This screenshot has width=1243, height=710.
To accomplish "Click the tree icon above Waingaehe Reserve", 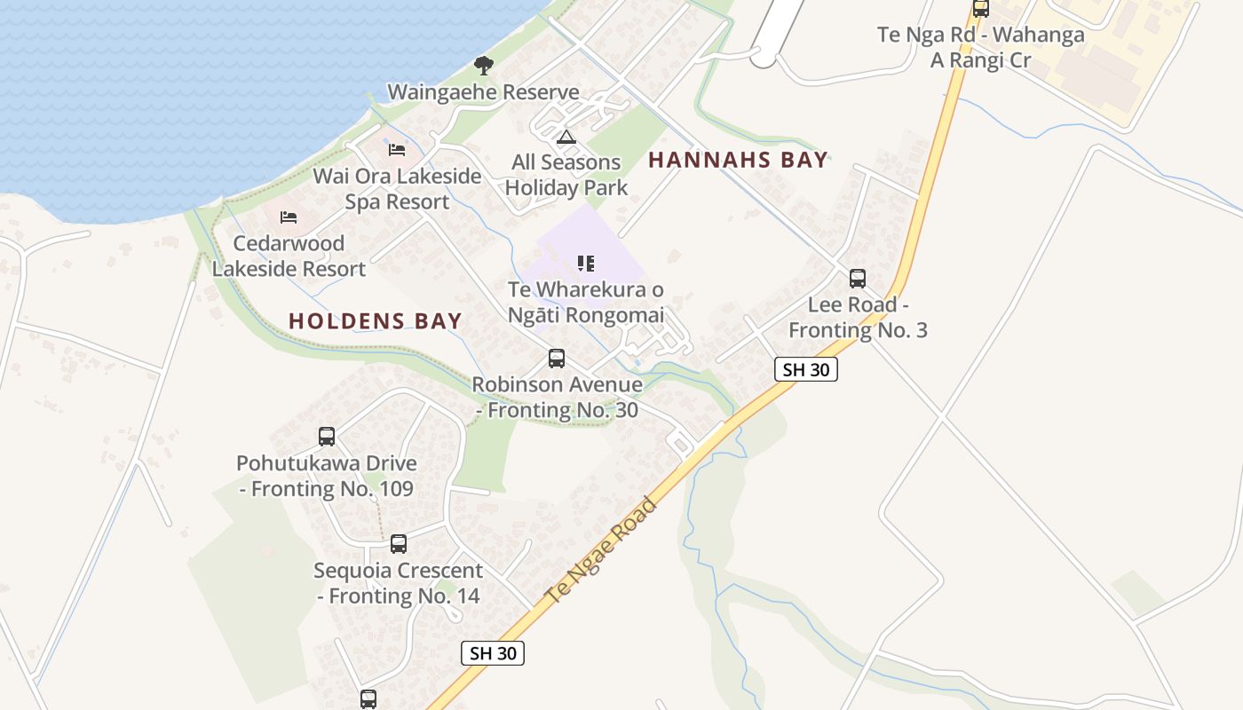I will pos(483,65).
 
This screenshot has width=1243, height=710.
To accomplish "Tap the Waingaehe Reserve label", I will pos(483,92).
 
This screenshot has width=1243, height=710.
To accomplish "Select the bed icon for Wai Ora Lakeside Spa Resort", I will pos(397,149).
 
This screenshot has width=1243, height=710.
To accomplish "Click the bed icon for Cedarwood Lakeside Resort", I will pos(288,217).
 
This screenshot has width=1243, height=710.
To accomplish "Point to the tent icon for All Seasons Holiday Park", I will pos(566,137).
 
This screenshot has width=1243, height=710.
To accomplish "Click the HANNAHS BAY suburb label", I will pos(738,161).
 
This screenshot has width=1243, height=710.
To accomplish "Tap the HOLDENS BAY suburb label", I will pos(375,321).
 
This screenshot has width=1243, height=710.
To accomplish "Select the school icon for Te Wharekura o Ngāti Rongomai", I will pos(585,263).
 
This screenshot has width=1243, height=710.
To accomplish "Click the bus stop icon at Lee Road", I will pos(857,279).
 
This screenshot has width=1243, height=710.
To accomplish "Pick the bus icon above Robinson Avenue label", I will pos(557,359).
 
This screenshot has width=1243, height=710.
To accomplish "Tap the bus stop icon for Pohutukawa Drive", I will pos(327,437).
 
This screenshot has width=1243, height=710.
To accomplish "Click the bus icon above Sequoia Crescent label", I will pos(399,543).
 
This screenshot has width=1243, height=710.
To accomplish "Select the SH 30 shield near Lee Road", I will pos(806,369).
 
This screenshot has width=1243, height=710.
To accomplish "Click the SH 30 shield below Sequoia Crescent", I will pos(493,653).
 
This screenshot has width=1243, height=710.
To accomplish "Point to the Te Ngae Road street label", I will pos(603,551).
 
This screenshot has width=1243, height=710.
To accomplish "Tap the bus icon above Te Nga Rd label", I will pos(980,9).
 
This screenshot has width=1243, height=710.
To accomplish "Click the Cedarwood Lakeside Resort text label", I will pos(289,256).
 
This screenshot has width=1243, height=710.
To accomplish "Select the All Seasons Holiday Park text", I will pos(566,175).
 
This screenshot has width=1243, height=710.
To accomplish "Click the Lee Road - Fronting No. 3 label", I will pos(858,318).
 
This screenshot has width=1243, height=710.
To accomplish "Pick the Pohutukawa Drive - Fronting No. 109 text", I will pos(327,476).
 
